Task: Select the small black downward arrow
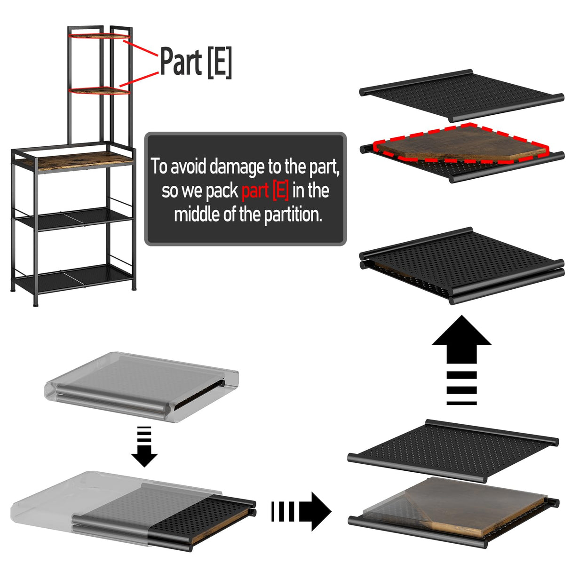pyautogui.click(x=144, y=446)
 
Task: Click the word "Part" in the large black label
pyautogui.click(x=181, y=61)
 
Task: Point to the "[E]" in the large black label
pyautogui.click(x=220, y=63)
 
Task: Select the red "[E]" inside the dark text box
pyautogui.click(x=280, y=191)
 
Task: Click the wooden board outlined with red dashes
pyautogui.click(x=461, y=144)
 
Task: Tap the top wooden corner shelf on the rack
pyautogui.click(x=100, y=36)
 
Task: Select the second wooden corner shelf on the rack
pyautogui.click(x=100, y=91)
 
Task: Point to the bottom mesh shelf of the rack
pyautogui.click(x=73, y=278)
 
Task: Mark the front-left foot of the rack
pyautogui.click(x=36, y=304)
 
